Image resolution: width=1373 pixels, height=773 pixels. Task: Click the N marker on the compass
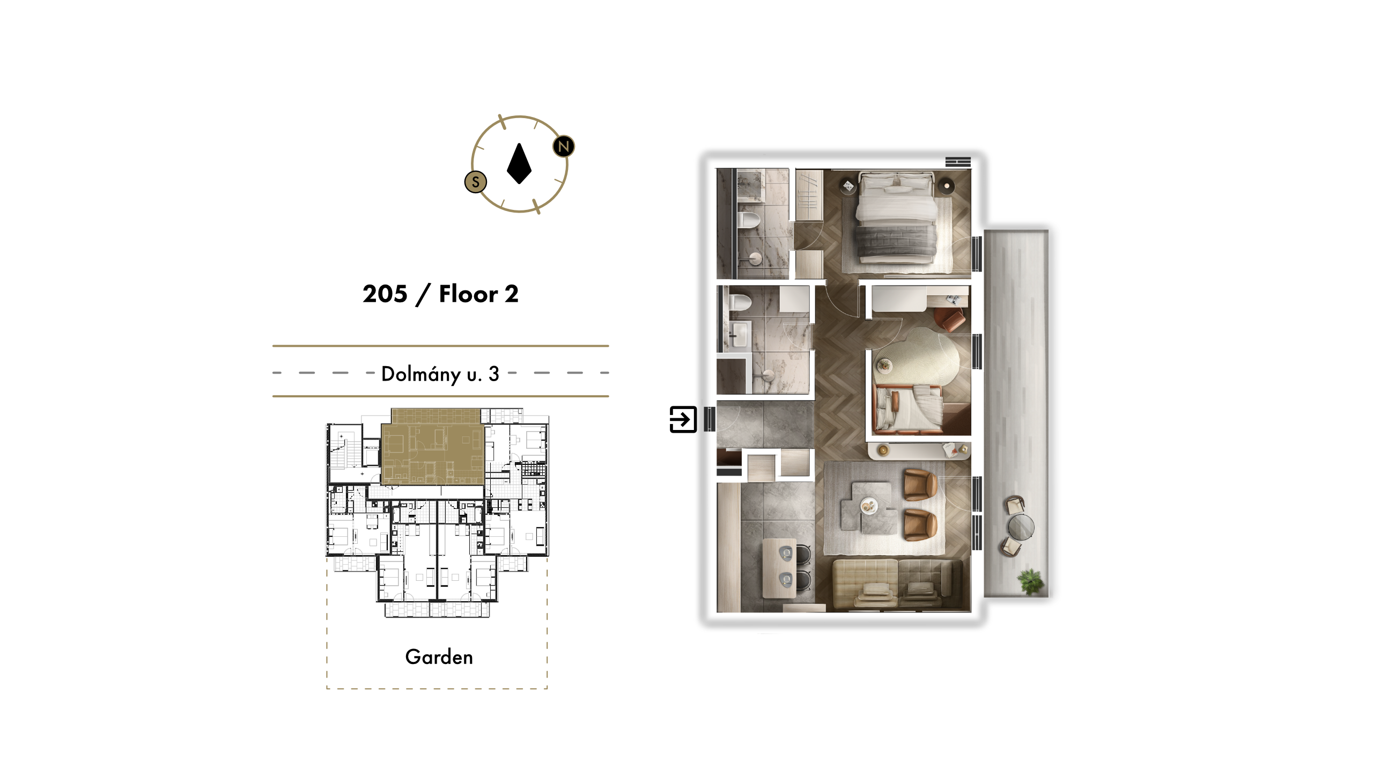coord(563,146)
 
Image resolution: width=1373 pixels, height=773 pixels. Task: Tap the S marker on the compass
coord(475,182)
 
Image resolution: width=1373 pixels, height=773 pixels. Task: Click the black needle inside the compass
coord(519,164)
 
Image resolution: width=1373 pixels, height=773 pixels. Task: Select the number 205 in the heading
coord(385,294)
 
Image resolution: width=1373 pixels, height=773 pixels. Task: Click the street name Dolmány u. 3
coord(440,374)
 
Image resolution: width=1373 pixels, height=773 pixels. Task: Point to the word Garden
coord(439,657)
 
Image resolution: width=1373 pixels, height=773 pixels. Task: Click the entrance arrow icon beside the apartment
coord(683,419)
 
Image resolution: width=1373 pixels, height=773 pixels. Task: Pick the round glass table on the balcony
coord(1020,527)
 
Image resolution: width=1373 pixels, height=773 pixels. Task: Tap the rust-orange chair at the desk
coord(951,319)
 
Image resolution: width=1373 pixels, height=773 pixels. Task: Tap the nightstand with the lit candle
coord(947,186)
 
